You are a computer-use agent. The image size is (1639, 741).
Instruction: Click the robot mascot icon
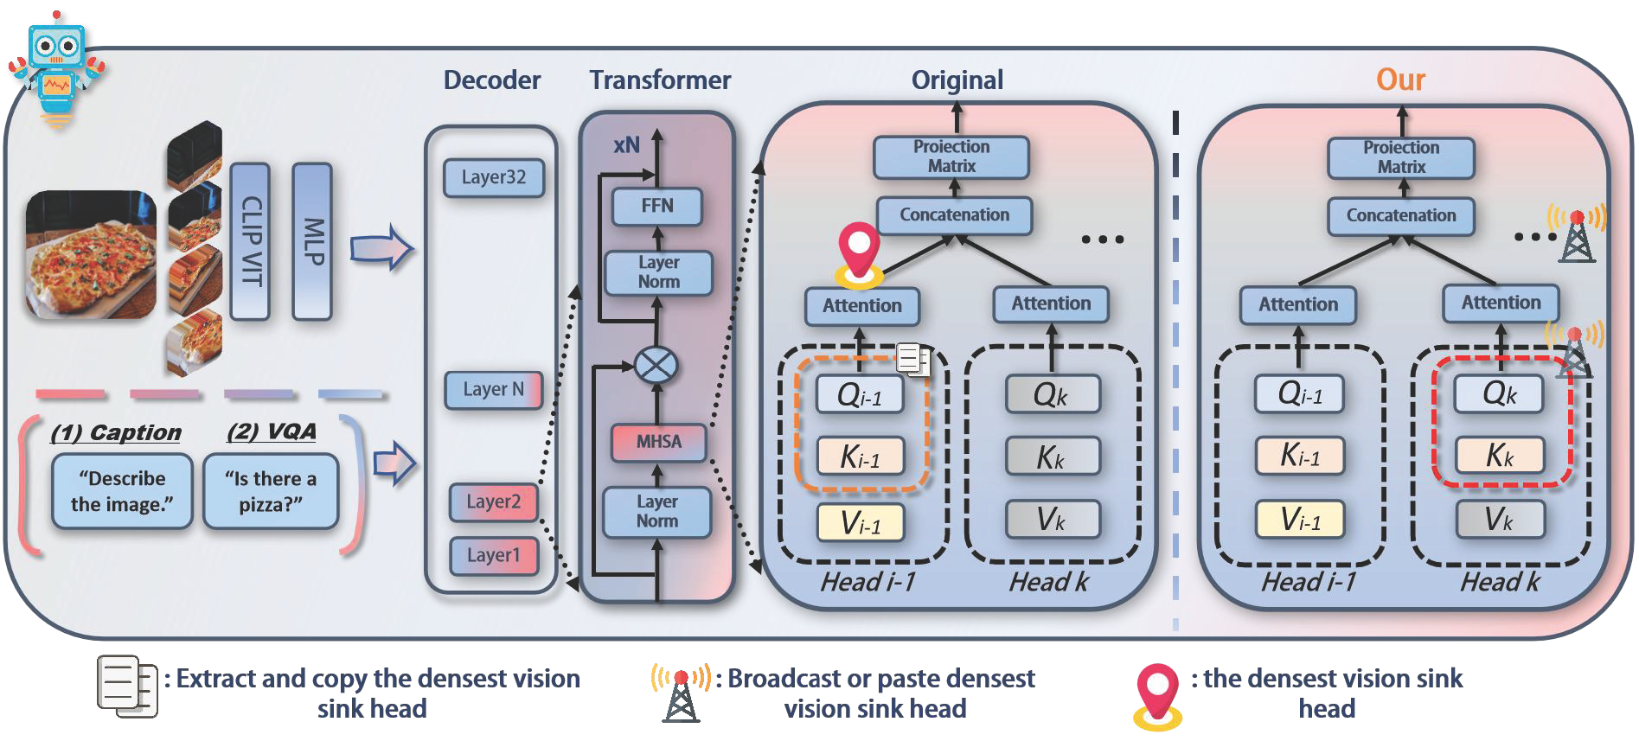point(56,69)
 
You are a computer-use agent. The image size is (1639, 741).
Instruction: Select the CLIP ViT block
point(250,241)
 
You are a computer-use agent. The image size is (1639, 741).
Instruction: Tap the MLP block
point(312,241)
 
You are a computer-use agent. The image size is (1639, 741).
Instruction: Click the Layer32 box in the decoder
point(494,177)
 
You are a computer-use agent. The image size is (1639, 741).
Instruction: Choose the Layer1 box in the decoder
point(494,555)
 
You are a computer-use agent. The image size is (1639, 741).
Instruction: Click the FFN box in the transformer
point(657,206)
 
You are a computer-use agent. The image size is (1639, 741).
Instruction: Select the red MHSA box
point(658,442)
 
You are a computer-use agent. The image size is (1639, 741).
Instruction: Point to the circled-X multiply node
point(656,365)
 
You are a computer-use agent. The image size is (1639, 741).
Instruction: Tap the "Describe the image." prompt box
point(122,491)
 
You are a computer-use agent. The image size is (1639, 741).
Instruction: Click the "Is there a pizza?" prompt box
point(271,491)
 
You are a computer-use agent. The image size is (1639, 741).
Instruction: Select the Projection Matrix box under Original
point(951,157)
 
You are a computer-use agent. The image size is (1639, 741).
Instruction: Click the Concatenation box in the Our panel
point(1401,215)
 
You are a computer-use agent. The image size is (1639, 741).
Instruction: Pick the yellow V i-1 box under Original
point(861,522)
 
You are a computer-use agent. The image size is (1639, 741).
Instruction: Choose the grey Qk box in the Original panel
point(1052,395)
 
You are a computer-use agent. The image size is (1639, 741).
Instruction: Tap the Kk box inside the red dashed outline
point(1500,455)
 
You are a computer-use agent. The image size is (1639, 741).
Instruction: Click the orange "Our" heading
point(1400,80)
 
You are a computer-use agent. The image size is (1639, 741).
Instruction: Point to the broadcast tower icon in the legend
point(681,692)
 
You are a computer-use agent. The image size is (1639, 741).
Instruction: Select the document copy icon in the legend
point(127,686)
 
